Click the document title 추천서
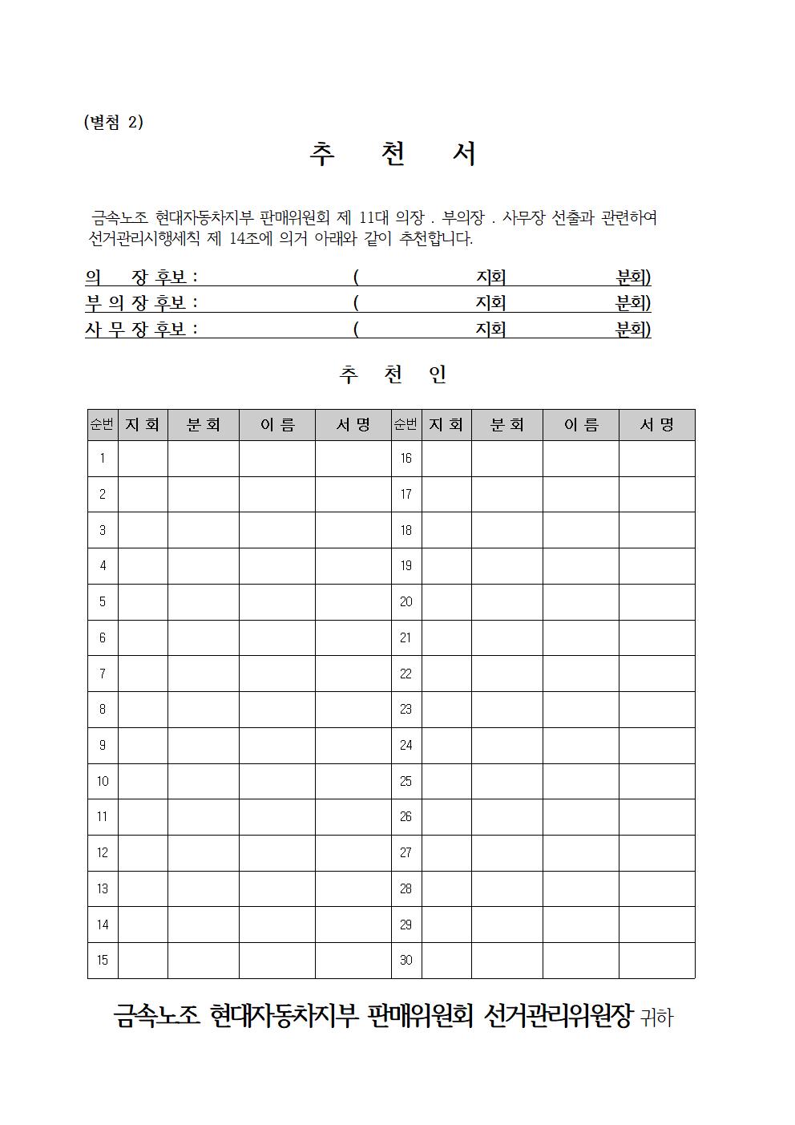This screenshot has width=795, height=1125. click(x=393, y=154)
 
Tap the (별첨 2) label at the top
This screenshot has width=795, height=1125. click(x=113, y=122)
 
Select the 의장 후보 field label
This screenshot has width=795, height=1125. click(x=141, y=277)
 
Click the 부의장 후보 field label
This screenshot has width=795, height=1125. click(x=141, y=303)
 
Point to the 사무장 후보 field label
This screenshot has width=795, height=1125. click(x=141, y=330)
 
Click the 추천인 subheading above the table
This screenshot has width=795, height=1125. click(x=393, y=374)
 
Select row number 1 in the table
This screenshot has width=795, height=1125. click(x=103, y=459)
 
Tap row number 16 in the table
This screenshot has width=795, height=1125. click(x=406, y=459)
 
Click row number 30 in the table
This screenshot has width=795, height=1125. click(x=406, y=961)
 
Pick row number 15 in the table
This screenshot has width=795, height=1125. click(x=103, y=961)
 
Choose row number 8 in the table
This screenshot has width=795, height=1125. click(x=103, y=710)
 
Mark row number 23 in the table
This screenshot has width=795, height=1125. click(x=406, y=710)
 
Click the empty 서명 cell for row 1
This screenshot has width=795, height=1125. click(x=353, y=459)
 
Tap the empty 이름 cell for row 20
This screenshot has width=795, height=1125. click(x=580, y=602)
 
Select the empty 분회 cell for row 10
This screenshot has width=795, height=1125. click(x=203, y=781)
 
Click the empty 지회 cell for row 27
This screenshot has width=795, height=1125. click(x=446, y=853)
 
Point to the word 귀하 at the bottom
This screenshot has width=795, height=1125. click(x=657, y=1018)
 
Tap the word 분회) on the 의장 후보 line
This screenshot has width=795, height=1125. click(x=633, y=277)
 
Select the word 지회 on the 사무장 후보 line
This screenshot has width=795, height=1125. click(x=490, y=330)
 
